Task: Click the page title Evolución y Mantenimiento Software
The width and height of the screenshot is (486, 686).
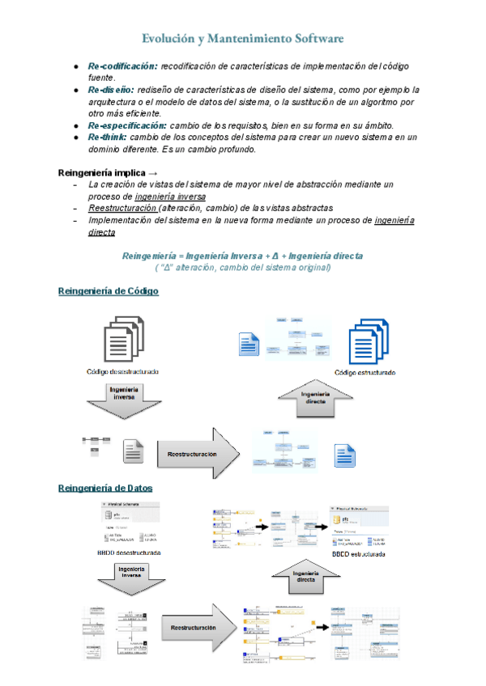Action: tap(242, 38)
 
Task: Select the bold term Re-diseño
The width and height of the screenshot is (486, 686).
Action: tap(111, 90)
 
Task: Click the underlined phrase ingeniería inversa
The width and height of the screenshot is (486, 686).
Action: tap(170, 197)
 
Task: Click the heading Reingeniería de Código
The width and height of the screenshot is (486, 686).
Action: tap(109, 291)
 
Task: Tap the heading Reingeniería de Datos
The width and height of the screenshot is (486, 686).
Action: tap(106, 488)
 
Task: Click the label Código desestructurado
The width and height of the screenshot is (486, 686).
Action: tap(123, 371)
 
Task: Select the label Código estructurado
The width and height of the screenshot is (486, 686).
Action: tap(365, 373)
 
